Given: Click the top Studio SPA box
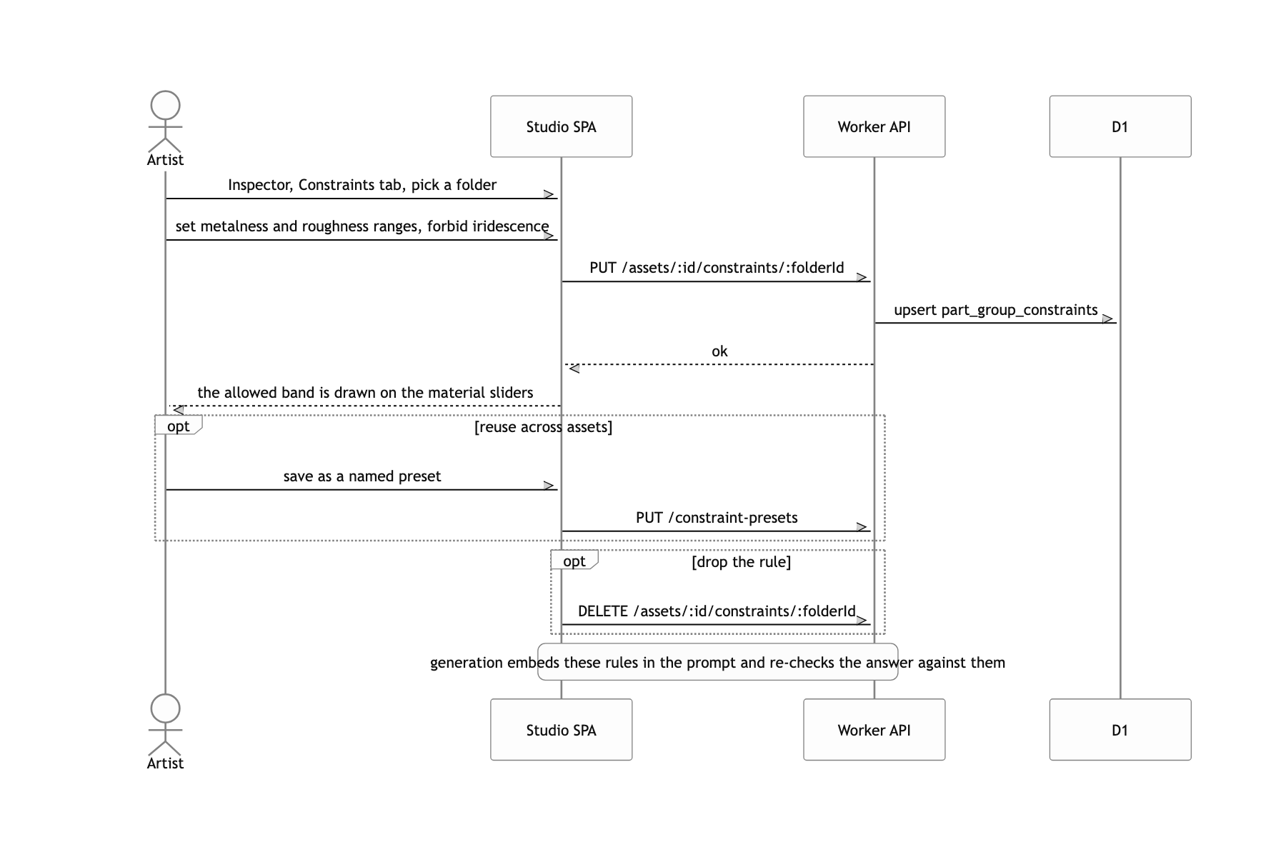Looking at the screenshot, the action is tap(561, 126).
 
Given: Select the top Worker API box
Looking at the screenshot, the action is tap(874, 126).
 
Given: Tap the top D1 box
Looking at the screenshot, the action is tap(1120, 126).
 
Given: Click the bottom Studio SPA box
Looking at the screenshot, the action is tap(561, 730).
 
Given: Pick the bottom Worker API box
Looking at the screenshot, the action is tap(874, 730).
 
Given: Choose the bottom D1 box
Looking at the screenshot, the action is tap(1120, 730).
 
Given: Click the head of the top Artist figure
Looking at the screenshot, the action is tap(165, 105).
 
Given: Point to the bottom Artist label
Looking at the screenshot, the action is tap(165, 763).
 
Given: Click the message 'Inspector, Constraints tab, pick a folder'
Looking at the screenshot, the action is tap(362, 185).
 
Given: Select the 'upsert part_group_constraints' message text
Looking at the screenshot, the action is tap(996, 310).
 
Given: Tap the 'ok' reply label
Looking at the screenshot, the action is tap(719, 351).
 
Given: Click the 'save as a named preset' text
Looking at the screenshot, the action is tap(362, 476).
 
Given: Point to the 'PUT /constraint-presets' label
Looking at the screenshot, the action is tap(717, 518).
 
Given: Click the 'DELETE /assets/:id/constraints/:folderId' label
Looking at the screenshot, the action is tap(717, 611).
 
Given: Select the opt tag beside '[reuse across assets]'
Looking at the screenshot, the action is tap(179, 426).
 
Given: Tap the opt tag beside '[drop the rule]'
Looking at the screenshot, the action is tap(574, 561).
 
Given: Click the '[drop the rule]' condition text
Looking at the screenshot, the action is tap(742, 562).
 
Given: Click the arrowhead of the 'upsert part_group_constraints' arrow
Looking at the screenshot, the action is tap(1110, 319).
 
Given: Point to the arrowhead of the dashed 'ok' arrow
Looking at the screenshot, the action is tap(572, 369).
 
